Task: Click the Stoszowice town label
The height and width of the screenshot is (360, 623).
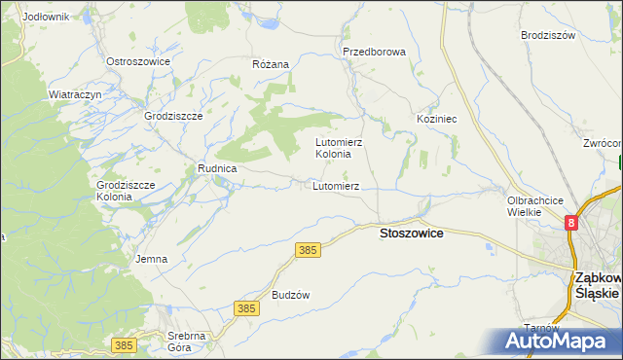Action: coord(411,234)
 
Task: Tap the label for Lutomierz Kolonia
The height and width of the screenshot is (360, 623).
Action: coord(340,148)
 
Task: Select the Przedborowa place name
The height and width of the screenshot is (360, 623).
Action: coord(373,52)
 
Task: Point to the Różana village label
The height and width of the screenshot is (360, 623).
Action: coord(271,64)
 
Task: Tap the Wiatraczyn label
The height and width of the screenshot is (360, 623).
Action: coord(76,94)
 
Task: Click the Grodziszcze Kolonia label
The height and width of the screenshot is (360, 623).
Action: coord(121,190)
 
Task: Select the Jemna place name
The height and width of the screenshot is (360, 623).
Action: coord(152,259)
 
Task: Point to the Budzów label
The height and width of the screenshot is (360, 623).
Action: coord(290,295)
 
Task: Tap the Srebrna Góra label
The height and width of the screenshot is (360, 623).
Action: coord(186,342)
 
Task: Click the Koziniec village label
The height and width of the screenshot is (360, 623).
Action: coord(437,118)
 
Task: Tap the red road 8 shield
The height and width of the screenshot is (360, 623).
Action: coord(571,223)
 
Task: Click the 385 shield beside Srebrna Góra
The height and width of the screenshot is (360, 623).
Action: coord(123,344)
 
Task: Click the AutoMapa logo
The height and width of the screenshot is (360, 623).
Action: coord(556,342)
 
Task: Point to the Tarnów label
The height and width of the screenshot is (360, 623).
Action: coord(538,327)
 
